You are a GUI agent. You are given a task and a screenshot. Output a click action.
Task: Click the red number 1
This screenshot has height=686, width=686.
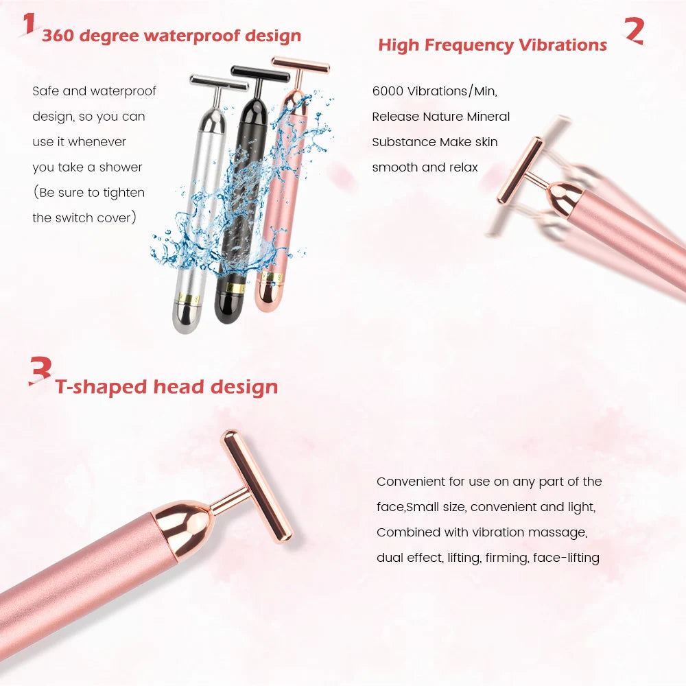(27, 23)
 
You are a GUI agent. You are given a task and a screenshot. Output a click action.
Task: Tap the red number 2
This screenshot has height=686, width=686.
(634, 30)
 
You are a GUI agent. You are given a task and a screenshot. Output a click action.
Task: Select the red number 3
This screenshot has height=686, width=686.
(40, 370)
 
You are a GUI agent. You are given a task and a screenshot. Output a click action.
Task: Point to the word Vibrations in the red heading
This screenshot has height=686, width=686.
(562, 45)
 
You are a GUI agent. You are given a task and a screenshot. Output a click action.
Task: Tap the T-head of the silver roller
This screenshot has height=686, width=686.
(218, 83)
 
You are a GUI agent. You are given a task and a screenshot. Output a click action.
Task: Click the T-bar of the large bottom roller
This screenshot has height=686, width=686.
(256, 484)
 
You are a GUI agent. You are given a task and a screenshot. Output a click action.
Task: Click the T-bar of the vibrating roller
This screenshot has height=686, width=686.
(520, 170)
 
